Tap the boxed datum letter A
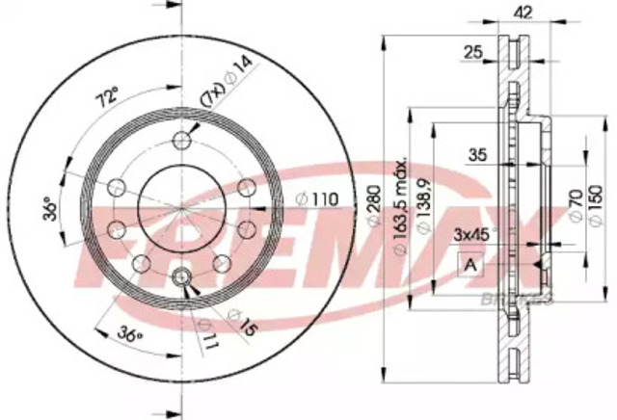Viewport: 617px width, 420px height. click(x=471, y=265)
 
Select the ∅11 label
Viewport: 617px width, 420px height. click(x=205, y=330)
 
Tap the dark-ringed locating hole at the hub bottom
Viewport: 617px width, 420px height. click(x=181, y=279)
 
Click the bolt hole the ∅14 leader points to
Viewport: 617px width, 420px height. click(x=181, y=143)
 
